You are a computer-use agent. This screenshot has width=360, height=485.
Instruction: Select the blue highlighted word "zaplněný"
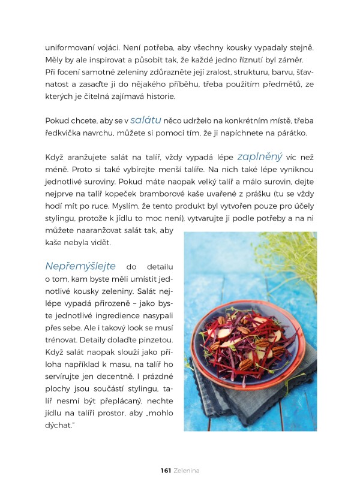(x=260, y=157)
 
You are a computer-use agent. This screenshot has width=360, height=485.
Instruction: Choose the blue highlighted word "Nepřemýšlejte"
(x=80, y=266)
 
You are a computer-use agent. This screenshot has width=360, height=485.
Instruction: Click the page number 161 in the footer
(x=166, y=471)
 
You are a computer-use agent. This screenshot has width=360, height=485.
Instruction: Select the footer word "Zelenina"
(x=188, y=471)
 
